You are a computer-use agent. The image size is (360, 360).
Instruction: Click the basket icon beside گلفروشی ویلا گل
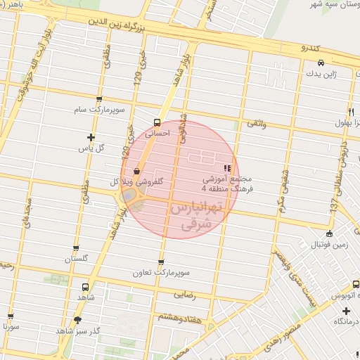[136, 171]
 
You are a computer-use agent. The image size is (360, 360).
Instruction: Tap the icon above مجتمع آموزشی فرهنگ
[226, 168]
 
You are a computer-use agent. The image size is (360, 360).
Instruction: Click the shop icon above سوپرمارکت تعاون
[162, 262]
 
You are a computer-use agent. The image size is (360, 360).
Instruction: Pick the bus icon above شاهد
[85, 287]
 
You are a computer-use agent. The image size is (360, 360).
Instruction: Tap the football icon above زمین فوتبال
[329, 234]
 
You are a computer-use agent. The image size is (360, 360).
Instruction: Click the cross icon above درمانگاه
[345, 310]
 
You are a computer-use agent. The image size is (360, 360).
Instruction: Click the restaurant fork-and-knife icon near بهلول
[350, 112]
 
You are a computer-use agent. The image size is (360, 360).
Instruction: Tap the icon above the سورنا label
[10, 315]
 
